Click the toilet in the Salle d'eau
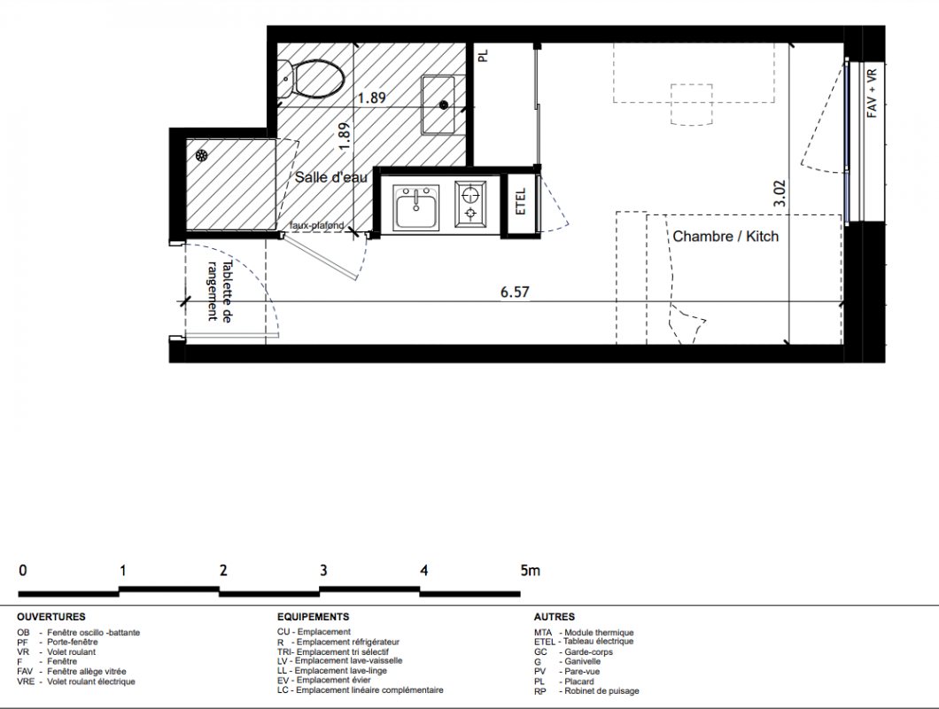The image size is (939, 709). [x=312, y=79]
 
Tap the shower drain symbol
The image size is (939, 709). [x=202, y=156]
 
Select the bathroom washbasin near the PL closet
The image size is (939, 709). [x=438, y=105]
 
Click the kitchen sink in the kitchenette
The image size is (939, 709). [x=415, y=207]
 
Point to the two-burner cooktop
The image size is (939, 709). [x=470, y=205]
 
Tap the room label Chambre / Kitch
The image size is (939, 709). [x=726, y=236]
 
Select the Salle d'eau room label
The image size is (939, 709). [x=330, y=177]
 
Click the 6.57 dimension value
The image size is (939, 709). [x=515, y=292]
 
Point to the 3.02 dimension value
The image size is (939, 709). [x=780, y=193]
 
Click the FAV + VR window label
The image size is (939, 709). [x=872, y=93]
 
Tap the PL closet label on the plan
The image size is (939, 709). [x=484, y=56]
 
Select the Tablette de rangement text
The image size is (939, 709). [x=219, y=291]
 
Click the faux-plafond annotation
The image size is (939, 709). [x=317, y=225]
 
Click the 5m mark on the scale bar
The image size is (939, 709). [x=530, y=570]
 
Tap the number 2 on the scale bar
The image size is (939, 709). [x=223, y=570]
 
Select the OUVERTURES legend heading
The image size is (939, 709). [x=50, y=617]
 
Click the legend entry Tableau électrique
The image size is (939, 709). [x=598, y=642]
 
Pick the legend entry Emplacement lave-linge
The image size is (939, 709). [x=341, y=671]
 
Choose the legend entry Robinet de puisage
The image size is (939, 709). [x=601, y=691]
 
